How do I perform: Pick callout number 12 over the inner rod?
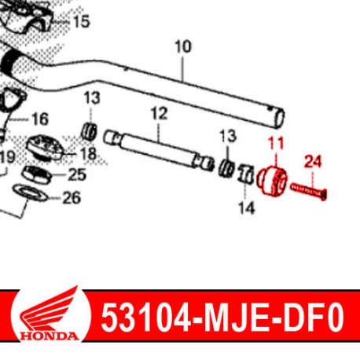click(x=159, y=114)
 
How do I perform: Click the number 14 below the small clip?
click(x=247, y=209)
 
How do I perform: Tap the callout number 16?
click(x=39, y=119)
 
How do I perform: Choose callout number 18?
click(x=88, y=154)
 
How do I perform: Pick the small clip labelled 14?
click(x=244, y=174)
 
